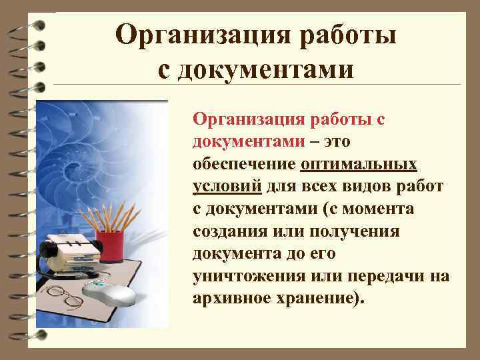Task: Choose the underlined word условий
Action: pyautogui.click(x=226, y=187)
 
